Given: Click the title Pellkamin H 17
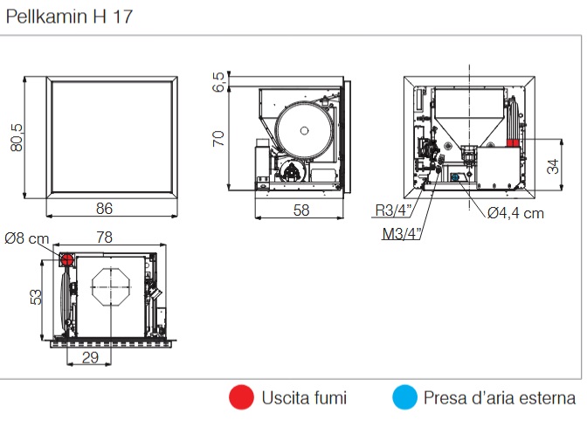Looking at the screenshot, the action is click(x=70, y=17).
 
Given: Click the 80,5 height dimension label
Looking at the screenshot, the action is click(x=17, y=137).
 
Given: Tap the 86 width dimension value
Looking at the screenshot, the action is click(x=104, y=209).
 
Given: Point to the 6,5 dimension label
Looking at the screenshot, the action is click(x=218, y=81).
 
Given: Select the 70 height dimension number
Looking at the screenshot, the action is click(x=218, y=139).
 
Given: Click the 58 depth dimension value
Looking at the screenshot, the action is click(x=301, y=210).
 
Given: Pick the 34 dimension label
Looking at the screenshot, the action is click(x=553, y=166).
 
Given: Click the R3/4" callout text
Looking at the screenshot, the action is click(x=393, y=210).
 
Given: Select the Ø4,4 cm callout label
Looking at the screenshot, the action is click(x=515, y=213).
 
